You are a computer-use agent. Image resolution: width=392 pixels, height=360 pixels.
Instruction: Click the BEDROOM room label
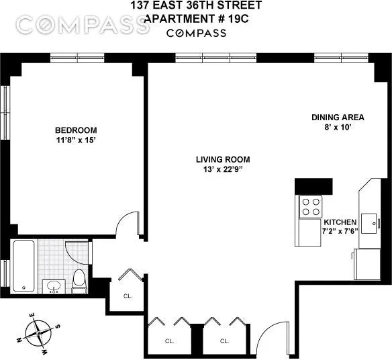click(x=75, y=130)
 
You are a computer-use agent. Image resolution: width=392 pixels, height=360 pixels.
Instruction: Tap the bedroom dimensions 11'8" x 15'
click(x=75, y=140)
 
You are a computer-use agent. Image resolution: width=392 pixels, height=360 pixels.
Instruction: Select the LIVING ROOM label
click(x=223, y=159)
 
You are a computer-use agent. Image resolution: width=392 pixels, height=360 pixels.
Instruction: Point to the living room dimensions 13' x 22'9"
click(x=223, y=169)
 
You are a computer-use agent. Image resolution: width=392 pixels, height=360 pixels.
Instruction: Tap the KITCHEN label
click(x=341, y=222)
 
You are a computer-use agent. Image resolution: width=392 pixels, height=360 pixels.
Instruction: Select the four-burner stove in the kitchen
click(x=310, y=206)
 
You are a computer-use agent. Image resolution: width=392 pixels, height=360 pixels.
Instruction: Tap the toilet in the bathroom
click(x=79, y=279)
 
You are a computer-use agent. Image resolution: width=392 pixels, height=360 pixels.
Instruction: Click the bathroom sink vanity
click(x=53, y=286)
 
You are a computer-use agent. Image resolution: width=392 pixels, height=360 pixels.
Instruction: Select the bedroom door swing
click(x=128, y=227)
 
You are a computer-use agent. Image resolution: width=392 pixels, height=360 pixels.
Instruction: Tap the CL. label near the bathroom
click(x=128, y=296)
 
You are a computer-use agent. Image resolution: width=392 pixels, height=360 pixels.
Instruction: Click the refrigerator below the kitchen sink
click(x=369, y=263)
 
